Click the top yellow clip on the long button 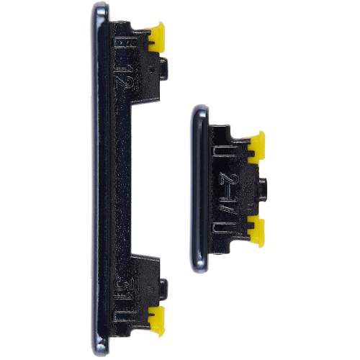pyautogui.click(x=156, y=35)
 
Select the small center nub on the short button pyautogui.click(x=264, y=186)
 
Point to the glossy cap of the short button pyautogui.click(x=198, y=187)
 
